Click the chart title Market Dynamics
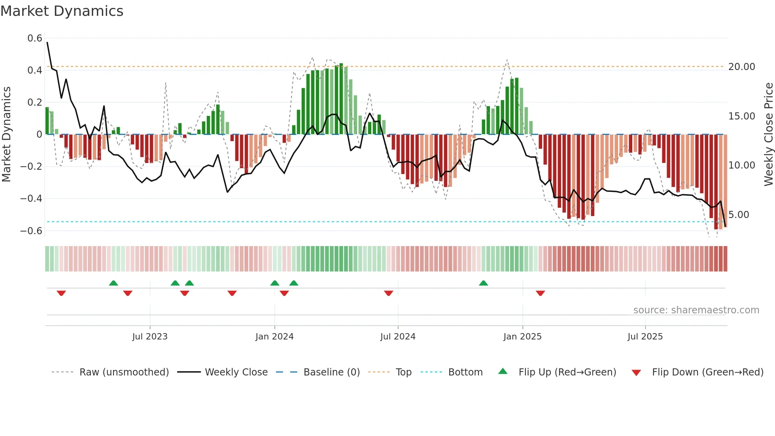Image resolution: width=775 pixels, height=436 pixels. pyautogui.click(x=62, y=11)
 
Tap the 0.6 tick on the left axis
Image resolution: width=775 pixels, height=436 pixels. pyautogui.click(x=35, y=38)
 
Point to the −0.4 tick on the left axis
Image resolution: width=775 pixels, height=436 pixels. pyautogui.click(x=31, y=198)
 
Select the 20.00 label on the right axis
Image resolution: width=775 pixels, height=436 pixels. pyautogui.click(x=742, y=67)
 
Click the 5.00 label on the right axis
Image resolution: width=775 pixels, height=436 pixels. pyautogui.click(x=739, y=215)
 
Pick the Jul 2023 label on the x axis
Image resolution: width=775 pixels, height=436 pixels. pyautogui.click(x=150, y=337)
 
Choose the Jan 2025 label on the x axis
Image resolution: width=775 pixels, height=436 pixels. pyautogui.click(x=522, y=337)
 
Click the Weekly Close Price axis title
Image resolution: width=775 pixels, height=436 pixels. pyautogui.click(x=768, y=135)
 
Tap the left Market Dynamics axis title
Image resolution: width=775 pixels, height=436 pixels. pyautogui.click(x=7, y=135)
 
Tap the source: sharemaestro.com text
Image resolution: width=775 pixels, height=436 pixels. pyautogui.click(x=696, y=310)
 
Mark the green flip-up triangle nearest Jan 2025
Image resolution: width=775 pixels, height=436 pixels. pyautogui.click(x=483, y=283)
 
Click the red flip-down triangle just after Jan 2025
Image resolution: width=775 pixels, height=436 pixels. pyautogui.click(x=541, y=293)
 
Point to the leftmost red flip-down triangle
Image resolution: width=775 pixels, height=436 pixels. pyautogui.click(x=61, y=293)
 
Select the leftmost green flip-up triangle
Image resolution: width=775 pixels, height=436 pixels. pyautogui.click(x=113, y=283)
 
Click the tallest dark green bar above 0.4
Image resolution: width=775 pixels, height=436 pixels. pyautogui.click(x=341, y=99)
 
